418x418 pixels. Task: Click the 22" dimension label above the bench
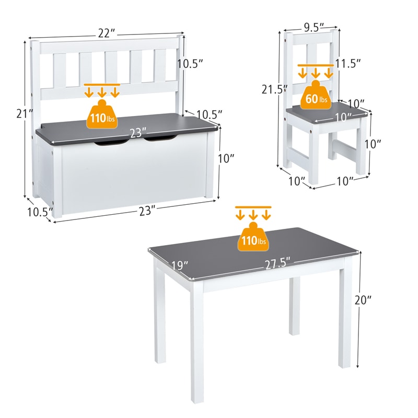coord(106,33)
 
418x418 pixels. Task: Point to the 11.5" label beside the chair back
coord(349,63)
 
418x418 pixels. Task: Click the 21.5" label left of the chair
coord(275,89)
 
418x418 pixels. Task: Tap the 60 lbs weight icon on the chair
coord(316,98)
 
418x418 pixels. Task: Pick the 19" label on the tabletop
coord(179,266)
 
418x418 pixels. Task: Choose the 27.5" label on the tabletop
coord(277,264)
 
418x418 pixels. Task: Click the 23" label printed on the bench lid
coord(137,133)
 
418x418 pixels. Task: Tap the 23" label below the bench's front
coord(148,211)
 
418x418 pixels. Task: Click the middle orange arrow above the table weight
coord(253,215)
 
